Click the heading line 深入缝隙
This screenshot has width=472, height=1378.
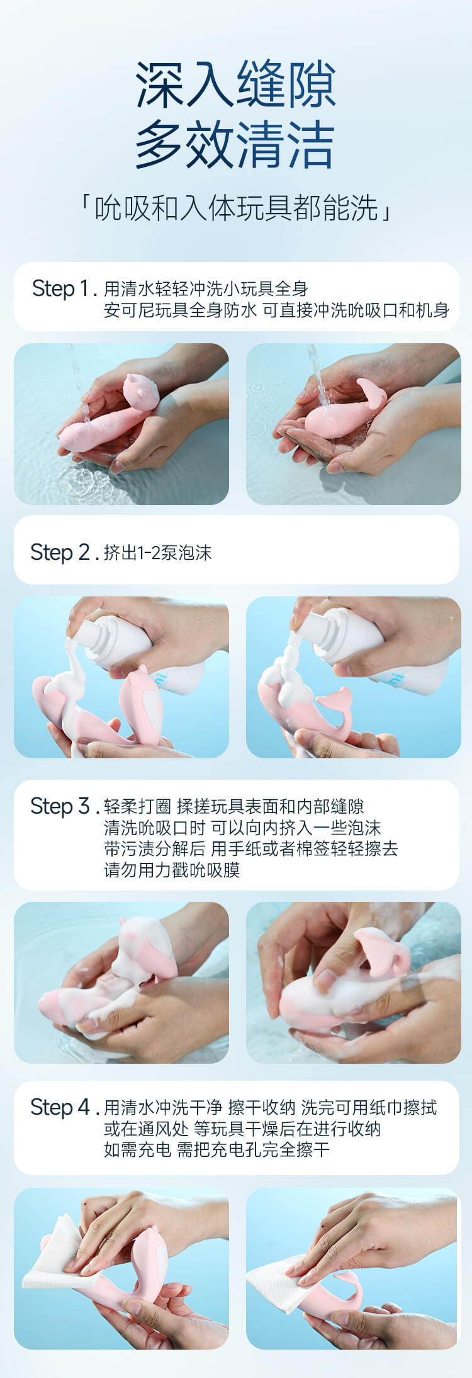click(235, 84)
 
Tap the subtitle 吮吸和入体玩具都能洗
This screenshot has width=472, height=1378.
click(236, 208)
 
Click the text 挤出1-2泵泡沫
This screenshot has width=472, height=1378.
click(158, 553)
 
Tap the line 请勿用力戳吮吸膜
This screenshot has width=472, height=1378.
click(172, 870)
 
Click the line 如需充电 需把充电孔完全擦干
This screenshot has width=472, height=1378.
click(216, 1149)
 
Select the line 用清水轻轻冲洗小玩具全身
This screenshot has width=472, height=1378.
click(206, 288)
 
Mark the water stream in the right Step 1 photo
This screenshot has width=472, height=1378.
click(319, 375)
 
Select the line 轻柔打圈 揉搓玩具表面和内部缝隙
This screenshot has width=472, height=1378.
click(234, 806)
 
